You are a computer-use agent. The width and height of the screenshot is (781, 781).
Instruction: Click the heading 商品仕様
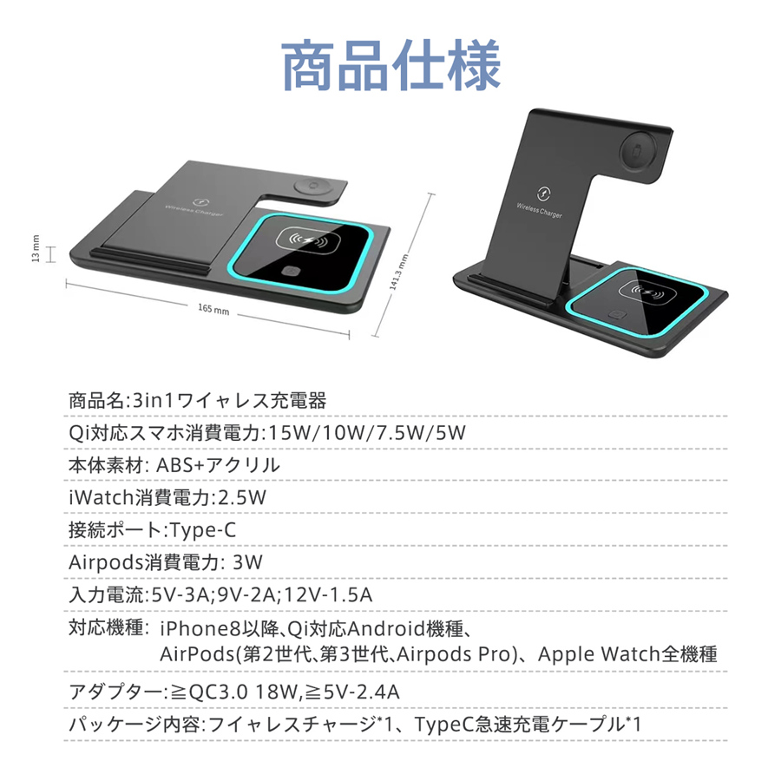(x=390, y=65)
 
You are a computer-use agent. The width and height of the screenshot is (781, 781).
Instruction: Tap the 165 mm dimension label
(x=213, y=310)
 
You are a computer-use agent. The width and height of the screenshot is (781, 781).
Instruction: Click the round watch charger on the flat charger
(x=310, y=187)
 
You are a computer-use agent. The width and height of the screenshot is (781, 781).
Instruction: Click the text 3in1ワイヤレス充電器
(x=226, y=401)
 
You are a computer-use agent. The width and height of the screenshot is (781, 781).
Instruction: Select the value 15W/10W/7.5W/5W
(x=369, y=432)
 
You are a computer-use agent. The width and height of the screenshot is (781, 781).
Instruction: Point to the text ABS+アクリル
(x=218, y=464)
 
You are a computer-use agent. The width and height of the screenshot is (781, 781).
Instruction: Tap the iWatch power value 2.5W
(x=240, y=497)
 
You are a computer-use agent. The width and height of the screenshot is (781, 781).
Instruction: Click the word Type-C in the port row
(x=203, y=529)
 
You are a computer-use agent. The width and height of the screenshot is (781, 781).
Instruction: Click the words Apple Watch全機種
(x=627, y=653)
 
